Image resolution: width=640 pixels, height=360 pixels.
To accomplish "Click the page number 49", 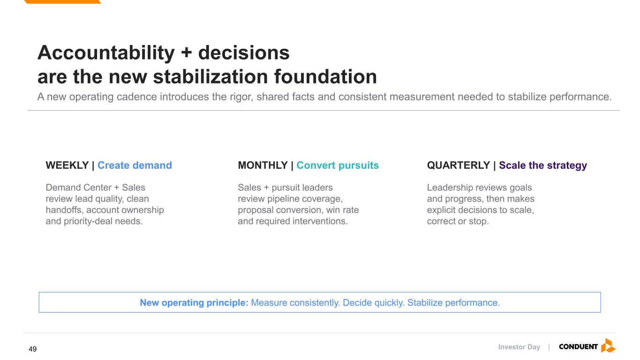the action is pos(32,349).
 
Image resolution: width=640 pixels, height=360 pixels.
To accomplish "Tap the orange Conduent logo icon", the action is pos(608,345).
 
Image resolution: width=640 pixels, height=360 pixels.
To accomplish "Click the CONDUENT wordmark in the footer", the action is pos(578,347).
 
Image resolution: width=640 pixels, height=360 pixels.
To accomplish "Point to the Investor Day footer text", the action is pos(519,347).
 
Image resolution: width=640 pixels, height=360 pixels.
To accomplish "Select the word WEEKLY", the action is pos(67,165).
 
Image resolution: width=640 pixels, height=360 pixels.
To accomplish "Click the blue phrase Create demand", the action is pos(135,165).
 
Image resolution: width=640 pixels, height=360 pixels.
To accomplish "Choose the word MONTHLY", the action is pos(263,165).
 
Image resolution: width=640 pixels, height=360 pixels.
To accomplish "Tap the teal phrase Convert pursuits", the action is pos(338,165).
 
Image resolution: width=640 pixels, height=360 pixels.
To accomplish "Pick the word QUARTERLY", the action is pos(458,165).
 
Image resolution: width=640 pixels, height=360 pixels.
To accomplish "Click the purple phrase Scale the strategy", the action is pos(543,165).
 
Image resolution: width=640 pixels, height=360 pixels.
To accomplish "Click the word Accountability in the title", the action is pos(106,53).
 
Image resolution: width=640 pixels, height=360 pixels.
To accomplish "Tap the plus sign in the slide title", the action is pos(186,53).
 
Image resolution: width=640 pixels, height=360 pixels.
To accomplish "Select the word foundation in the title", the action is pos(325,77).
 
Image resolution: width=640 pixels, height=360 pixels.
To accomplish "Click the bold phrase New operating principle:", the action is pos(194,302).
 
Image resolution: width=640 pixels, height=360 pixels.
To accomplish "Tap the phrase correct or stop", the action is pos(458,221).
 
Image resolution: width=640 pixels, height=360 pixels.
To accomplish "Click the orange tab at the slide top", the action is pos(62,1).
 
